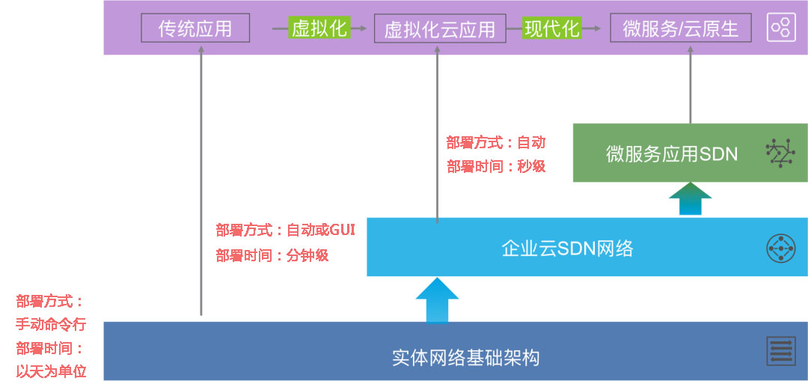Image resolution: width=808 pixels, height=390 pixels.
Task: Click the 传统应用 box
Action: tap(195, 28)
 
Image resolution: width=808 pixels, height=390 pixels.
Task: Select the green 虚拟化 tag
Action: tap(319, 28)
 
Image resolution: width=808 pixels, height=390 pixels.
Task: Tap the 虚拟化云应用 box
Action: tap(439, 28)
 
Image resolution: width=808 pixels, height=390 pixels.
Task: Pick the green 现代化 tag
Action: tap(552, 28)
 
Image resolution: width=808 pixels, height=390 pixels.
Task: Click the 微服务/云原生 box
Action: tap(680, 28)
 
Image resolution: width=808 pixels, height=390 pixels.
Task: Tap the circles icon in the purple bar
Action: tap(780, 28)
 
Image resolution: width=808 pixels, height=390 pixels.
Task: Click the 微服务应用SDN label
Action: tap(671, 154)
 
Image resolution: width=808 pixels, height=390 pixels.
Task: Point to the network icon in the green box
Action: tap(780, 153)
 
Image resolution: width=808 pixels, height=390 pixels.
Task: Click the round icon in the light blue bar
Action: tap(780, 249)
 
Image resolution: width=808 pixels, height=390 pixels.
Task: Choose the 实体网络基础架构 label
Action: tap(465, 358)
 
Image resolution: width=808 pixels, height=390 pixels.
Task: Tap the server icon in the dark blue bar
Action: tap(780, 351)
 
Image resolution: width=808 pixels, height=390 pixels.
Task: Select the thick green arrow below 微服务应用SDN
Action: tap(690, 200)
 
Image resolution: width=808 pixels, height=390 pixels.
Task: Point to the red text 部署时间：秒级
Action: tap(496, 166)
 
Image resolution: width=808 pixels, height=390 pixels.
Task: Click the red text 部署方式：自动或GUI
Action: tap(285, 230)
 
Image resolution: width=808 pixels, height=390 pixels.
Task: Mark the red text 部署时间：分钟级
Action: tap(272, 255)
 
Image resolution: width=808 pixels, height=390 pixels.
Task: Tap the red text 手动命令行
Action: tap(51, 325)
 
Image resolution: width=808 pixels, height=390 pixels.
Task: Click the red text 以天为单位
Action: tap(51, 371)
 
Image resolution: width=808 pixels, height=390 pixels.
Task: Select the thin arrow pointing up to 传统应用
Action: tap(201, 180)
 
